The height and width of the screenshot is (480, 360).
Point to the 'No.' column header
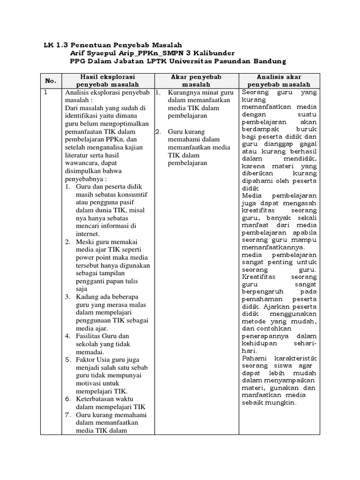(x=51, y=81)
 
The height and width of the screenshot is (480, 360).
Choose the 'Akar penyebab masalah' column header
(x=196, y=80)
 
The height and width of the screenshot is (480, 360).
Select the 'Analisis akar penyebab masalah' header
(x=279, y=80)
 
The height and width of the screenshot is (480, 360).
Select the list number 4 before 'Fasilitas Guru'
(x=67, y=336)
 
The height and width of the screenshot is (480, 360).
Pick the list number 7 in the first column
(x=67, y=415)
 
